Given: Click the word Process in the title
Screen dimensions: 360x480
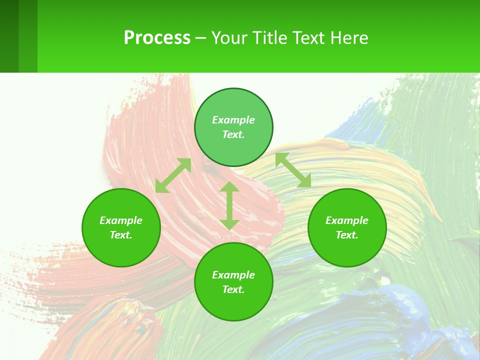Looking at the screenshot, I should pos(157,38).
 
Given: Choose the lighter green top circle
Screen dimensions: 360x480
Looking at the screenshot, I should pos(233,127).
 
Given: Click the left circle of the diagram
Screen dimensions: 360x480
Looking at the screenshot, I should pos(121,227).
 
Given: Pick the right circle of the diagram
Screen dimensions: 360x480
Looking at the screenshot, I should pos(347,227).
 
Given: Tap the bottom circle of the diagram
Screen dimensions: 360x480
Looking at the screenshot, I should pos(233,281).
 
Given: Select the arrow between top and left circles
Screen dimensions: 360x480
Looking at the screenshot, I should pos(173,175).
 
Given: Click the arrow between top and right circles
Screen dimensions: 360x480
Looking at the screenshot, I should pos(293,170).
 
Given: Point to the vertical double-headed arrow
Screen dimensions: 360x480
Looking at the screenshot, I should pos(229,205).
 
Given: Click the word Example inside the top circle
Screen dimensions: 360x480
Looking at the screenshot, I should pos(233,120).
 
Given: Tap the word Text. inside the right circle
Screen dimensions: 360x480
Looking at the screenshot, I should pos(347,235).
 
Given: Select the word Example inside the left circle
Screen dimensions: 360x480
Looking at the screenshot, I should pos(121,220).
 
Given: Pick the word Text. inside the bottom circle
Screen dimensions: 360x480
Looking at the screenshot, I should pos(233,289).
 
